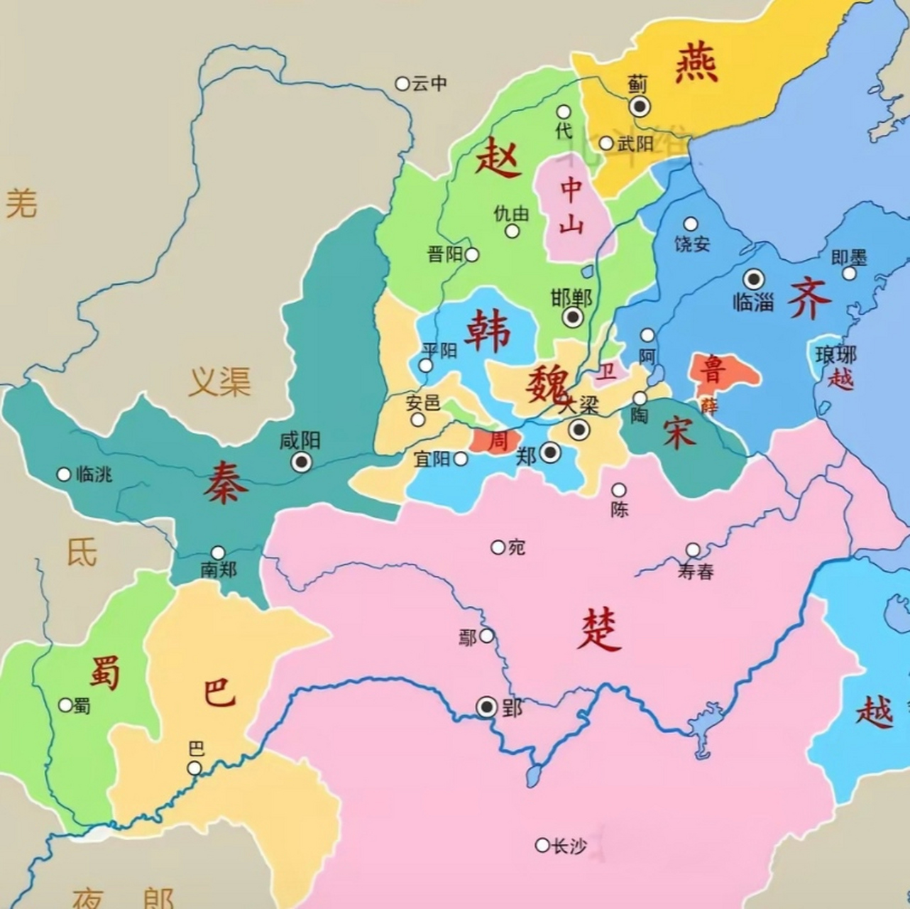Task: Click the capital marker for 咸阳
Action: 302,462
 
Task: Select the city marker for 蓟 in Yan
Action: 640,107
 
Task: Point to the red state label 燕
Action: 696,62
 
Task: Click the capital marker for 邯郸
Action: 573,317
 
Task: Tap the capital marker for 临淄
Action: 753,279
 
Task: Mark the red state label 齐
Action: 808,298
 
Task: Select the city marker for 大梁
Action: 579,429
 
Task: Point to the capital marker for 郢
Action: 487,707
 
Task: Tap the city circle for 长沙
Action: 542,845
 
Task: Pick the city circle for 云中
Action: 402,84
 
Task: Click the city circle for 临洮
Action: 64,474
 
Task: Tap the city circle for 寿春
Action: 693,550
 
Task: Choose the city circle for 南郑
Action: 218,553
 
